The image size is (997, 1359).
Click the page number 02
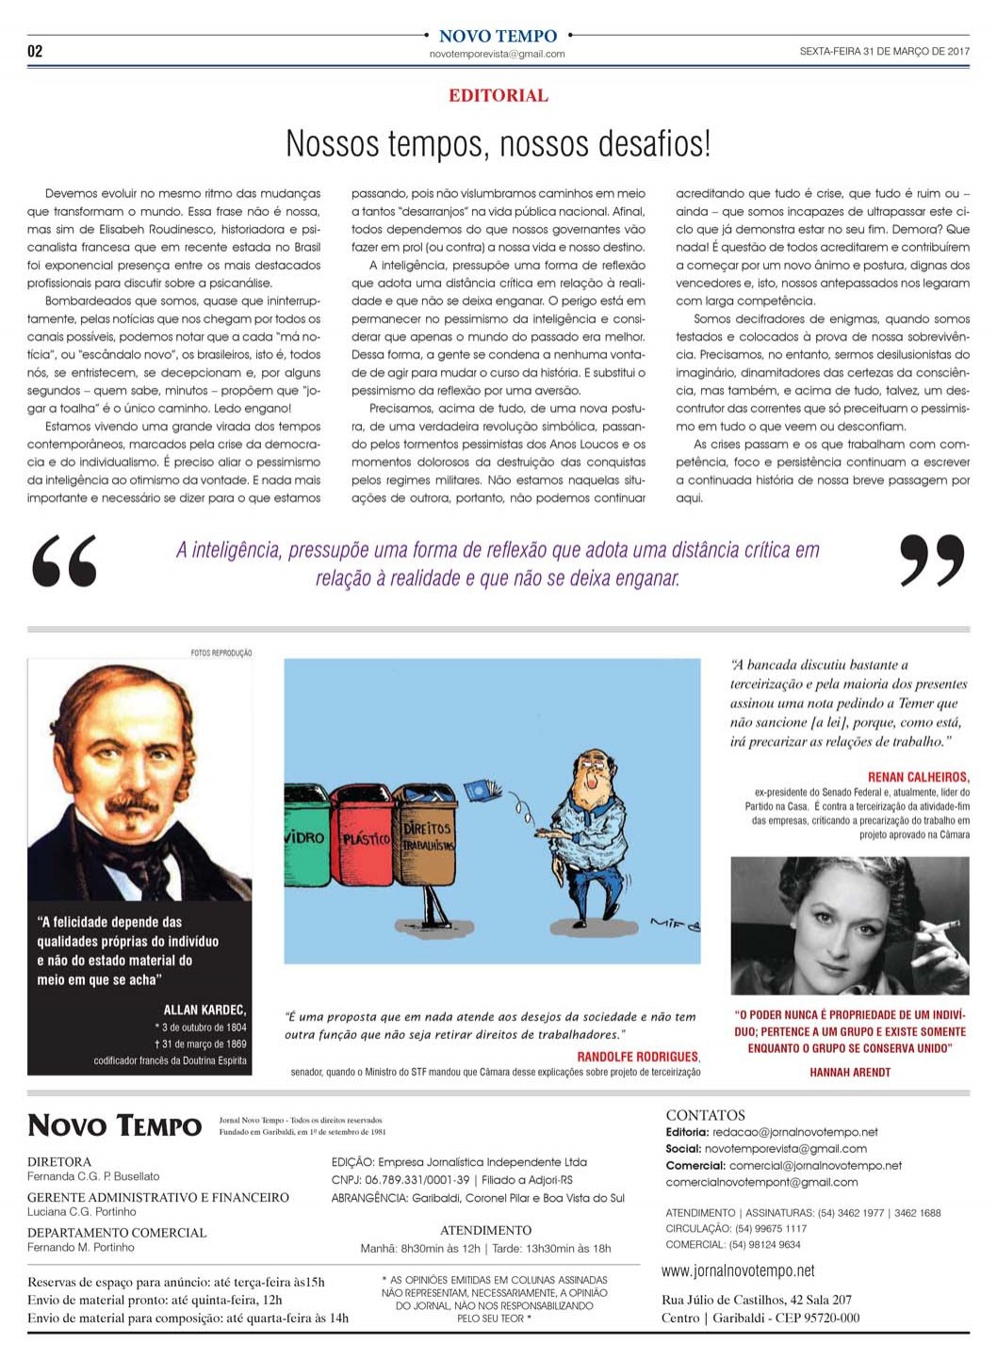pos(35,51)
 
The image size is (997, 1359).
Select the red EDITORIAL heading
pos(498,95)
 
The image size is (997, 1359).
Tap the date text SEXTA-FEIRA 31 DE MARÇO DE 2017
pos(884,52)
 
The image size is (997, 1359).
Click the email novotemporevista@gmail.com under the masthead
pos(497,55)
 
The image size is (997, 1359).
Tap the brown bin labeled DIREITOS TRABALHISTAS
pos(427,833)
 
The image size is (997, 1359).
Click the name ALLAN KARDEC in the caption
pos(204,1010)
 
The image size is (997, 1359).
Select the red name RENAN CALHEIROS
pos(918,777)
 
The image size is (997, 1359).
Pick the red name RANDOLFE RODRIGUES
pos(637,1057)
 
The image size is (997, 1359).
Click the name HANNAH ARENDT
pos(849,1072)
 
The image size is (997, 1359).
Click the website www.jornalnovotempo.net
pos(738,1270)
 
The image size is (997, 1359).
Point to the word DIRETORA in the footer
pos(59,1161)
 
